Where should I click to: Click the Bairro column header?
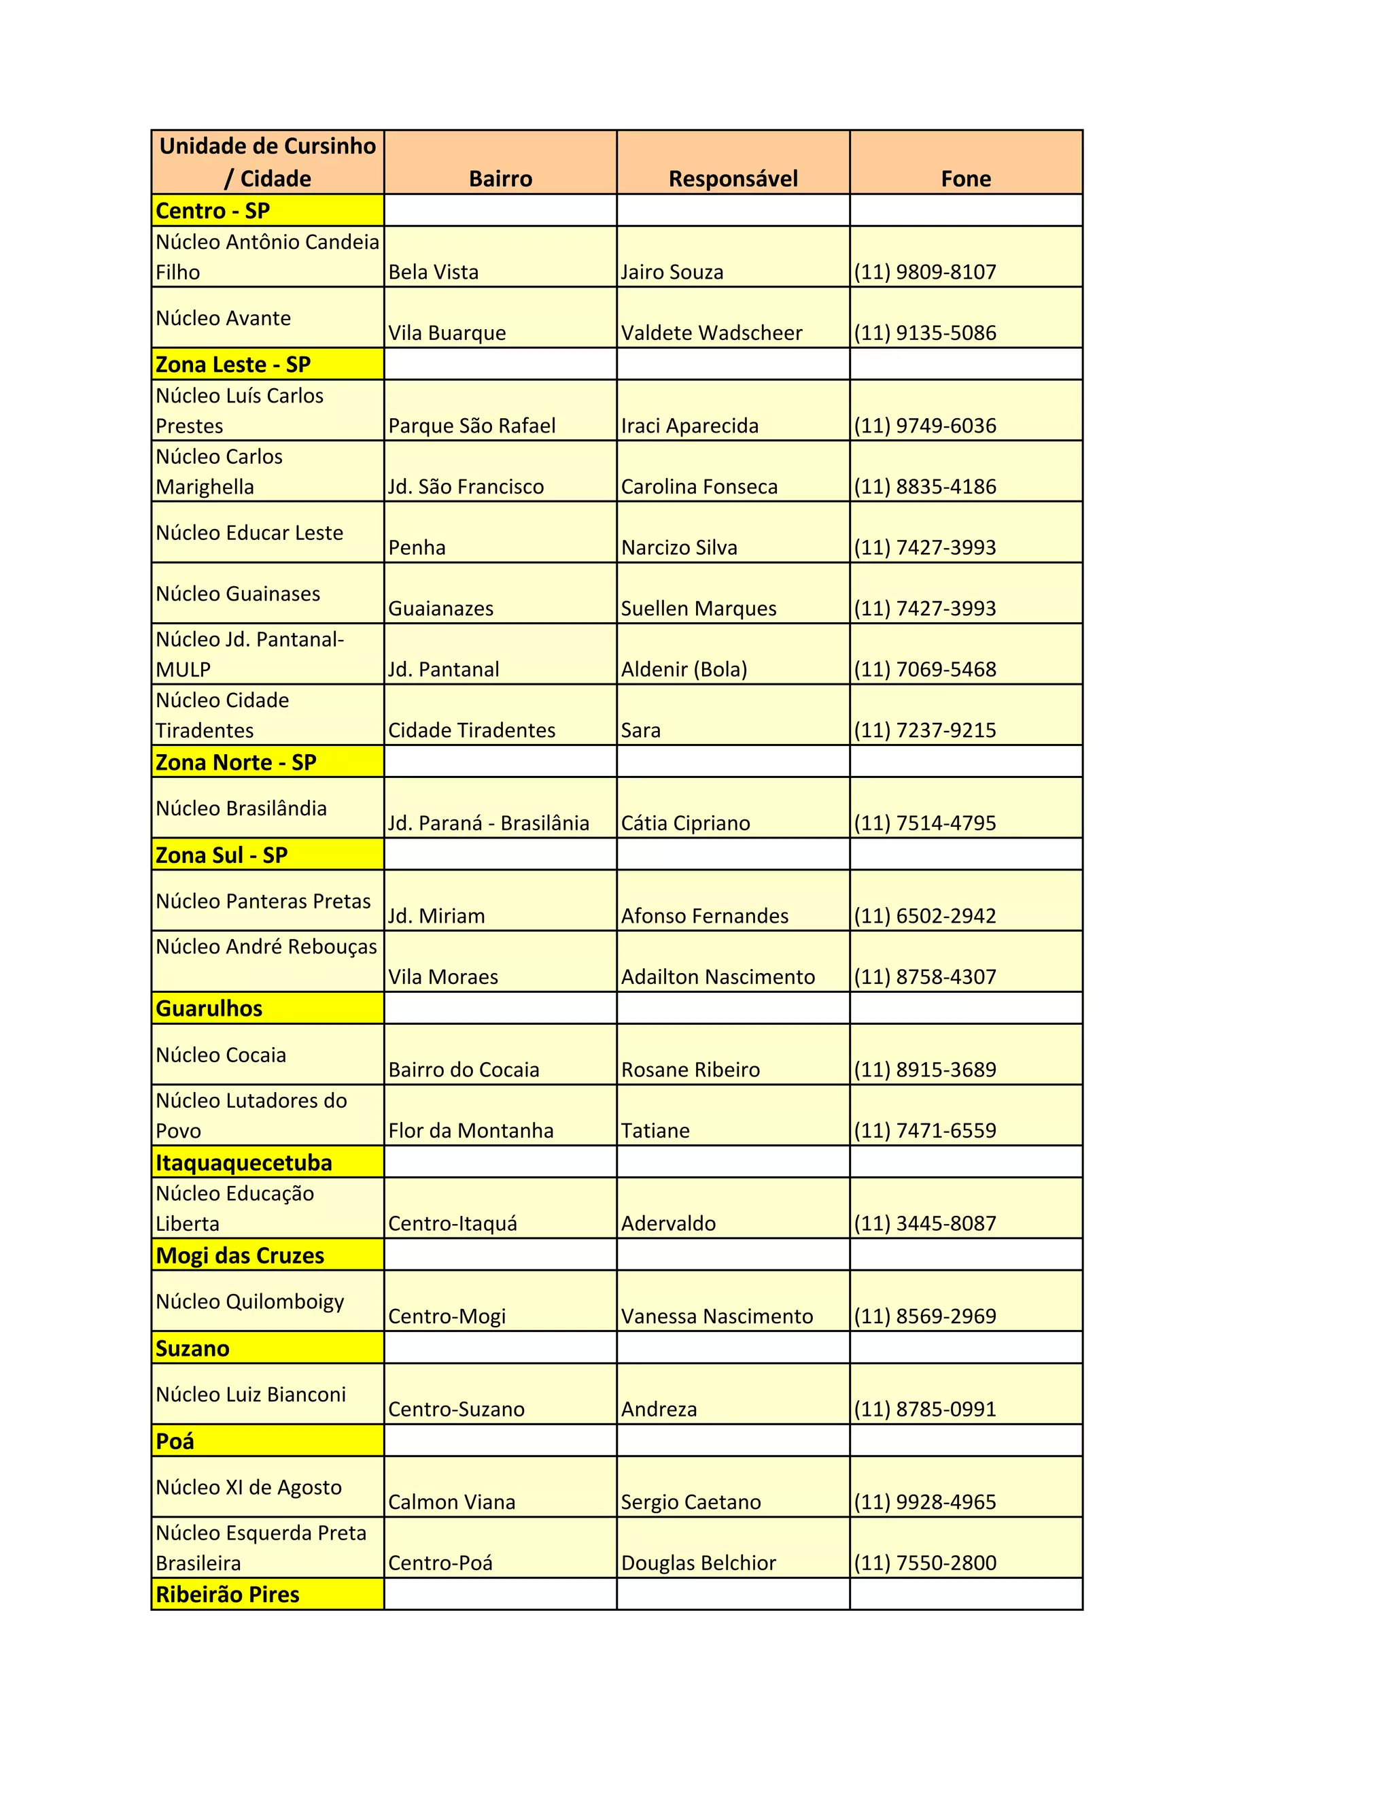point(500,178)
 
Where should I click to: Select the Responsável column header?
point(733,178)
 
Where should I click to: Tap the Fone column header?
point(966,178)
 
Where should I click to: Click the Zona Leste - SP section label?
point(233,364)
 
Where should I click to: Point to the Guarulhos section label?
point(209,1008)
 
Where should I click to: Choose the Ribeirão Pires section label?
point(228,1594)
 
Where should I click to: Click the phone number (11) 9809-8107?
point(925,272)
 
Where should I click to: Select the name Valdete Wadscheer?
point(712,333)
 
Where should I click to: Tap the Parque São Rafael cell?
point(472,426)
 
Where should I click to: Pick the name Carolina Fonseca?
point(699,487)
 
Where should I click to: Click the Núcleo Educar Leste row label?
point(249,533)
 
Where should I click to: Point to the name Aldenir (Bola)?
point(684,669)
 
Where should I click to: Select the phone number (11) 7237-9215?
point(925,730)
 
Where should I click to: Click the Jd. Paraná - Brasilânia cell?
point(489,823)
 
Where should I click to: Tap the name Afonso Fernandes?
point(705,916)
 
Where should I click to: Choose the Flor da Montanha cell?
point(471,1130)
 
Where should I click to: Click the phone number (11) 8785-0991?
point(925,1408)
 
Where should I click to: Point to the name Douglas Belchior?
point(699,1563)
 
